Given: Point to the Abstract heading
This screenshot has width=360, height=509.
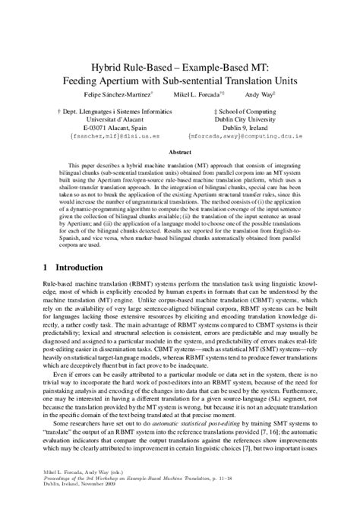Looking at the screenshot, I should [x=180, y=153].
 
